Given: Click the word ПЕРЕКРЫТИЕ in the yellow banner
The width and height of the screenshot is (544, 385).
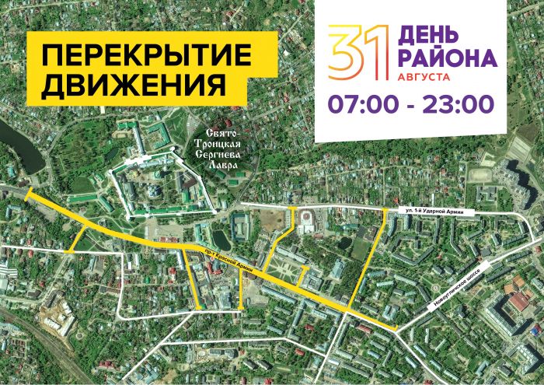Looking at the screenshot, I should tap(148, 56).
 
